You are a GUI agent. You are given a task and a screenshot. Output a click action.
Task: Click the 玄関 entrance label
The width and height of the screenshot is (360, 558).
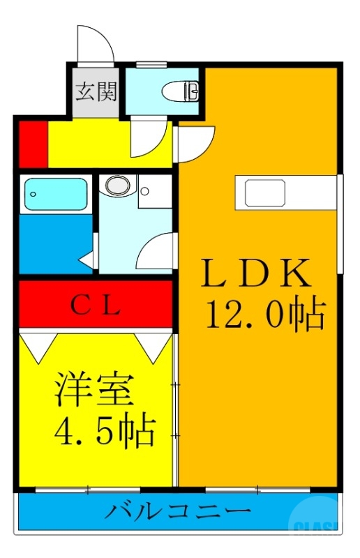click(x=96, y=91)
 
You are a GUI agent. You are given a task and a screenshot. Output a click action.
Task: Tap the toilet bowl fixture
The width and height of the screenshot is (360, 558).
click(x=182, y=90)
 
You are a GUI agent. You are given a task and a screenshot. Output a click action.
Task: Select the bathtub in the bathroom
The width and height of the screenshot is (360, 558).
click(x=55, y=195)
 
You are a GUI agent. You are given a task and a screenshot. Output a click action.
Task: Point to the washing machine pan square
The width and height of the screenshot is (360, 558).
click(x=155, y=190)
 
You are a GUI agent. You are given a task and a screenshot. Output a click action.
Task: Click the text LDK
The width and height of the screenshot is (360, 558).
click(x=255, y=273)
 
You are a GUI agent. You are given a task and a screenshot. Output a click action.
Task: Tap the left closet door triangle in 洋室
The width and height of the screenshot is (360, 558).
click(x=39, y=342)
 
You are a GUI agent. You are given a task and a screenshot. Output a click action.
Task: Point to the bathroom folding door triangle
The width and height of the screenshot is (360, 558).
click(x=87, y=260)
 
